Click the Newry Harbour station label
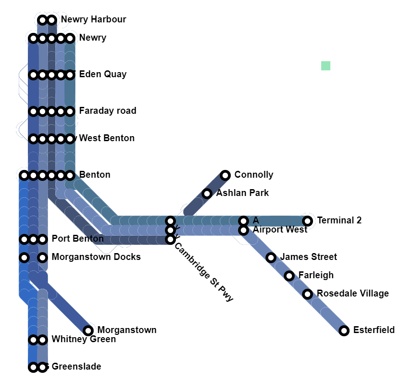click(93, 19)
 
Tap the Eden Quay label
click(103, 74)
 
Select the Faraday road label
click(107, 111)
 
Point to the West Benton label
click(106, 138)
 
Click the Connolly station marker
click(225, 175)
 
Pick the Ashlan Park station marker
click(207, 193)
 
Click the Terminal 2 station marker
click(308, 221)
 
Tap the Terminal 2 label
click(339, 220)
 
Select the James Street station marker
click(271, 258)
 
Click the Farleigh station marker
click(289, 276)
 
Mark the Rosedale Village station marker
click(308, 294)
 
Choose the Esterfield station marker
click(344, 330)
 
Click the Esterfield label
click(374, 330)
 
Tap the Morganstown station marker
click(88, 330)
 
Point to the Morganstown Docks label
click(96, 257)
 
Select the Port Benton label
click(78, 238)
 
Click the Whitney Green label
click(84, 339)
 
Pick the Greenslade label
click(76, 366)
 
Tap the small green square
click(325, 66)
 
